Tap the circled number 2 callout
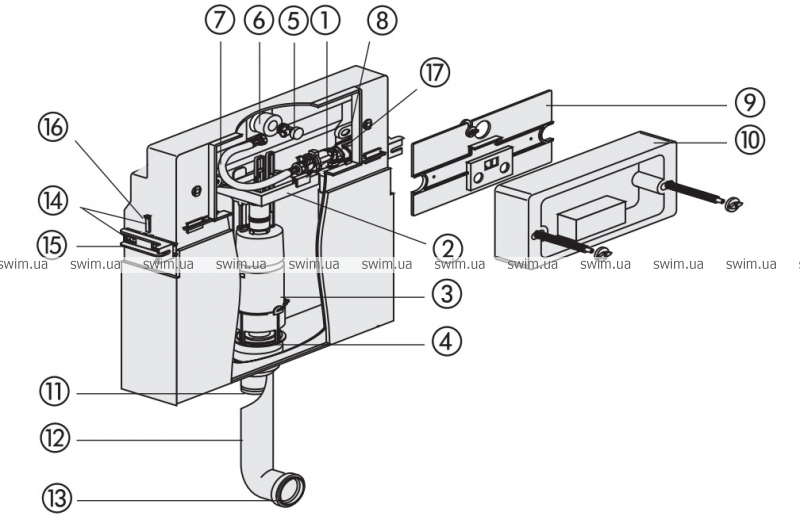[x=447, y=247]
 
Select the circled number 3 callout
[x=447, y=293]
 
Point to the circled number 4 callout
[x=447, y=340]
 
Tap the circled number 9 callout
[x=747, y=101]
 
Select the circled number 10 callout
[x=747, y=140]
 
